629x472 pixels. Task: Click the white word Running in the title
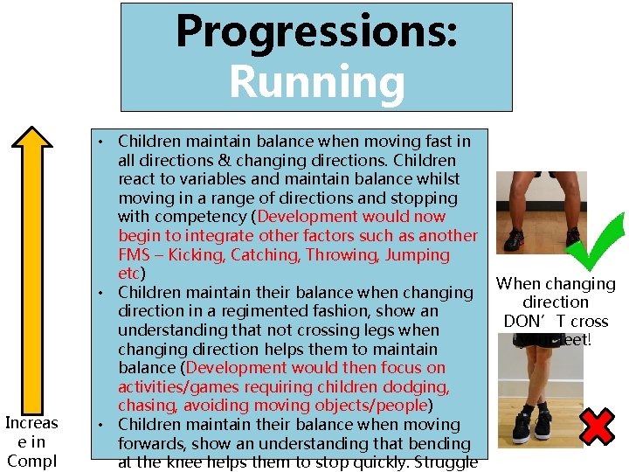[316, 83]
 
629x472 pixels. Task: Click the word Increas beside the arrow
[31, 423]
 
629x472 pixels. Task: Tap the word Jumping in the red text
[417, 255]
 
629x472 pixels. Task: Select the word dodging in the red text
[418, 387]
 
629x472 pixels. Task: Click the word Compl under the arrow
[31, 461]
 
